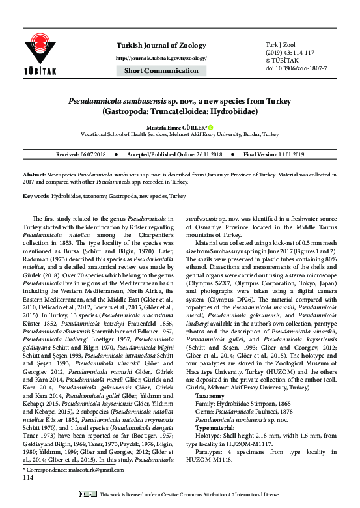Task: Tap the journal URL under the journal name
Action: (161, 58)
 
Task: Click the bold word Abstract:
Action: (36, 176)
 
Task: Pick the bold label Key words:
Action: (38, 195)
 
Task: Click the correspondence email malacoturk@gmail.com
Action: (94, 487)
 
